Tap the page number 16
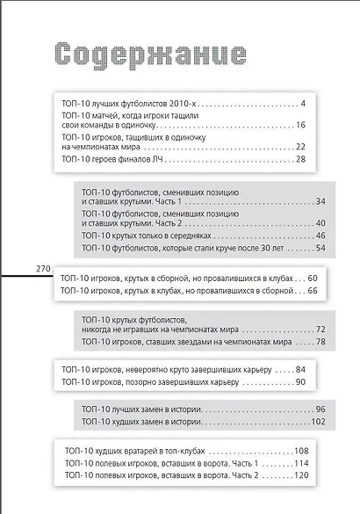click(300, 125)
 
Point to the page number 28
click(300, 159)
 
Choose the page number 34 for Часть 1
click(320, 201)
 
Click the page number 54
click(320, 249)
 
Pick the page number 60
click(312, 278)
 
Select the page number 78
click(320, 341)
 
